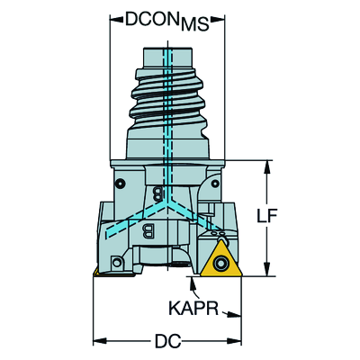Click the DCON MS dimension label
167,21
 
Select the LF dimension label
266,215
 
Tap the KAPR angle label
193,308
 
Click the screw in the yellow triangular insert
221,263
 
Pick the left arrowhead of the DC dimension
100,341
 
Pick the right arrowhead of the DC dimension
235,341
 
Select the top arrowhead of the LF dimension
266,167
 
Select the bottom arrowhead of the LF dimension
266,269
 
